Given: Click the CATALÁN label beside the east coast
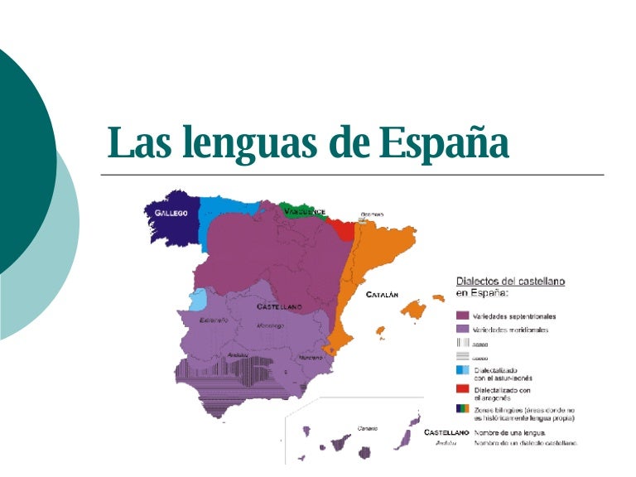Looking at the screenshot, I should (x=383, y=294).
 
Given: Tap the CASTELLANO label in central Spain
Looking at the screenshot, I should (x=279, y=306).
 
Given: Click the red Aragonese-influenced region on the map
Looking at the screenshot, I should (x=340, y=229).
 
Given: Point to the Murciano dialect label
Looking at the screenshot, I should (x=311, y=357).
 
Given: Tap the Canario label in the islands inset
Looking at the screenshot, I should (x=367, y=428).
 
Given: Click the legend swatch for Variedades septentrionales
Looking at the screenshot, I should (x=463, y=316).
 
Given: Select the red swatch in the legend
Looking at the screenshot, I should (x=463, y=389).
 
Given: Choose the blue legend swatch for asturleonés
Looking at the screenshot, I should (x=463, y=370).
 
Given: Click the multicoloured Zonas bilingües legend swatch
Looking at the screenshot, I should (x=463, y=409).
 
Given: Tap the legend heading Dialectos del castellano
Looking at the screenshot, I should (x=510, y=281).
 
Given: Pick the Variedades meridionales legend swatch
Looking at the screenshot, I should (x=463, y=329).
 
